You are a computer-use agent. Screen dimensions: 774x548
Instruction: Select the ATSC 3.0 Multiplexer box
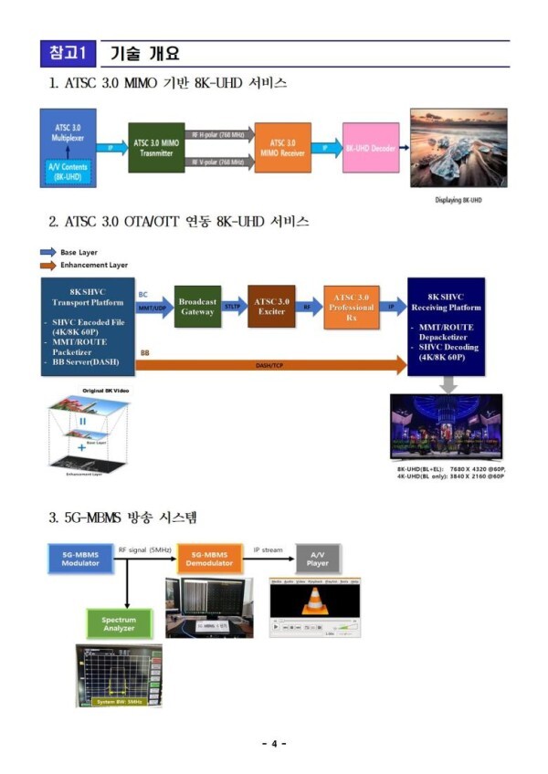[68, 131]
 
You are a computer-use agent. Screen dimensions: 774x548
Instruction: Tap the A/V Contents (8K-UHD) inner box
[67, 171]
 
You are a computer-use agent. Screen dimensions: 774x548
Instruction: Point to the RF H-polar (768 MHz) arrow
[217, 134]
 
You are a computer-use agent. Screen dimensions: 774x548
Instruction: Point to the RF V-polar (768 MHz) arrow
[217, 162]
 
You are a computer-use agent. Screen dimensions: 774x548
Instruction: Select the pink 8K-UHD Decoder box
[369, 147]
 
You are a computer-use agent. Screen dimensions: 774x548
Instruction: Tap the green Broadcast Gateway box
[196, 306]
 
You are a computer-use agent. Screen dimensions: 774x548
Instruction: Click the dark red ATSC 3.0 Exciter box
[271, 307]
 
